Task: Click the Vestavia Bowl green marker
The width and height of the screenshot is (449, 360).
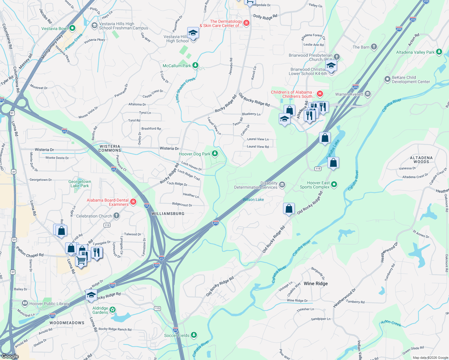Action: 72,28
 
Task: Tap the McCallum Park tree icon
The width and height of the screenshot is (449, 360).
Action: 195,65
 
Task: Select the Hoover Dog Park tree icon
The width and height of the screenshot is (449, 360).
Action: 215,154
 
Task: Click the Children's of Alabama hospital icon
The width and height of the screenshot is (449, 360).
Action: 320,94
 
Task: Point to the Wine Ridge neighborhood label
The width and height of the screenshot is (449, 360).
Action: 315,283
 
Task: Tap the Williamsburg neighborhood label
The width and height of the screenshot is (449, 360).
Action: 168,214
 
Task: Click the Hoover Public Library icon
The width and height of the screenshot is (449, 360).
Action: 25,303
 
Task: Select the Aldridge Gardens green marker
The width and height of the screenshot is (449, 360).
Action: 113,310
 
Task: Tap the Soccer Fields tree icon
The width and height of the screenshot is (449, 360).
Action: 194,335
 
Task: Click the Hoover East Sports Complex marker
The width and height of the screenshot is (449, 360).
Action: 334,184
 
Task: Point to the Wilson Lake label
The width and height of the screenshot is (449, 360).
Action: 253,199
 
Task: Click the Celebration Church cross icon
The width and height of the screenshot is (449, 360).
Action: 116,216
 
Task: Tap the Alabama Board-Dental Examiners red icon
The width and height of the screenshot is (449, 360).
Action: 133,202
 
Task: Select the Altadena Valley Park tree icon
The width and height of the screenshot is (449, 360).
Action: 439,52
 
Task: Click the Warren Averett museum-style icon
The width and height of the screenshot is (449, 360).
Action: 368,94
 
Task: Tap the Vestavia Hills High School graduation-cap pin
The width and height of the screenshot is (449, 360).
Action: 193,33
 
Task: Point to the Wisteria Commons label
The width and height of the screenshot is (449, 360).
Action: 110,148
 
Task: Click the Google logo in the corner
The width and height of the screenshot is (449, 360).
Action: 10,356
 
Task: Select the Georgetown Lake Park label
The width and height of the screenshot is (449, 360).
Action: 80,184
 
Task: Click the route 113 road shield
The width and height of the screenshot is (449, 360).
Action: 107,225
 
